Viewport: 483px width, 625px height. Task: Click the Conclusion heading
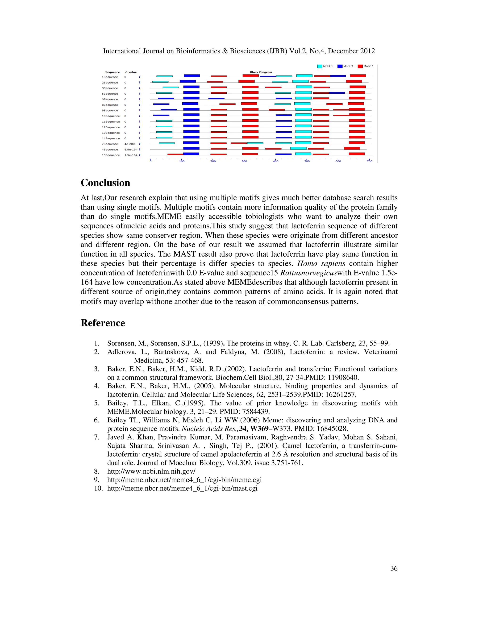pos(105,183)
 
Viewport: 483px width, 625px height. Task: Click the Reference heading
pos(103,323)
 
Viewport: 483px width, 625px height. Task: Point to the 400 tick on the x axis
pos(275,161)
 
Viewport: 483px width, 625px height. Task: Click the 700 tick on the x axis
pos(369,161)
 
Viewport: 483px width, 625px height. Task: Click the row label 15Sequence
pos(111,155)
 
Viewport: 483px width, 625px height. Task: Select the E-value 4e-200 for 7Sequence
pos(129,144)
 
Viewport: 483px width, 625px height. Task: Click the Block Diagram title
pos(261,72)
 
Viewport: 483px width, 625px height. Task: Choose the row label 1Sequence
pos(110,77)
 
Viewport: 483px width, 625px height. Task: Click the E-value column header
pos(131,72)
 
